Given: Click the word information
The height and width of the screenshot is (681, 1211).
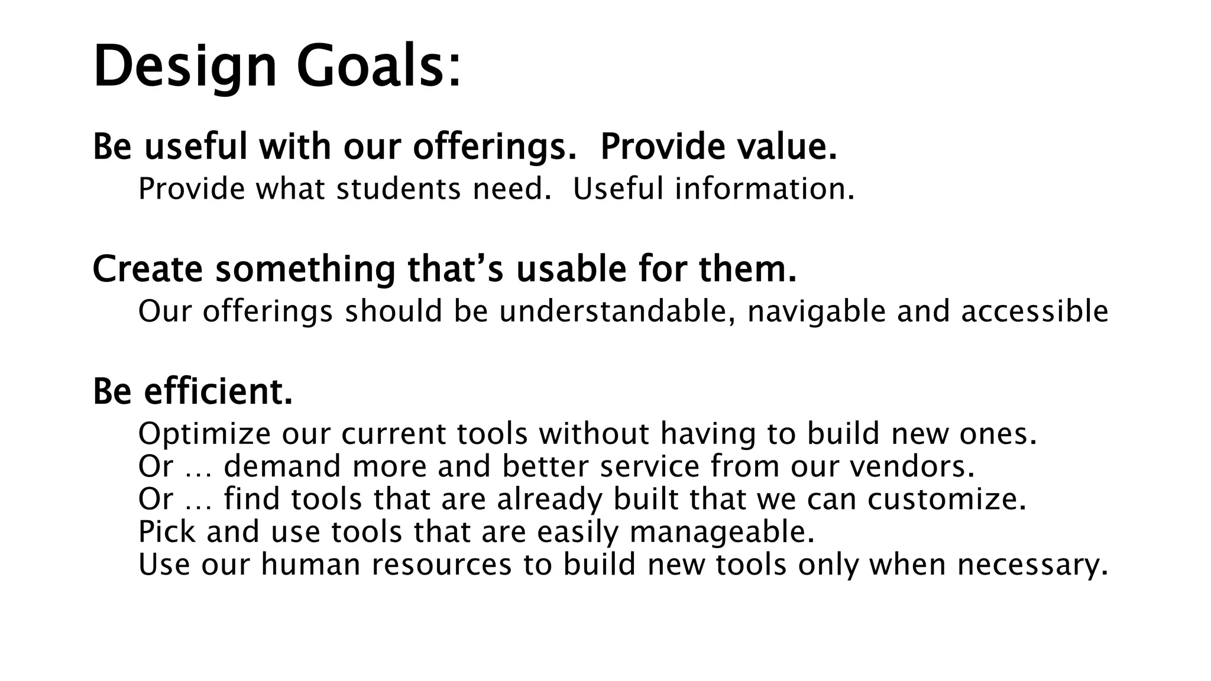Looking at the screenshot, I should coord(765,189).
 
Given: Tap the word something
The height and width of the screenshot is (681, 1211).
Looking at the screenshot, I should coord(305,270).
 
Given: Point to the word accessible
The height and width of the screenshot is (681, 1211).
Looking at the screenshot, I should coord(1034,312).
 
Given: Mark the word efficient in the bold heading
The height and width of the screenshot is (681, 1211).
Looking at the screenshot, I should coord(218,391).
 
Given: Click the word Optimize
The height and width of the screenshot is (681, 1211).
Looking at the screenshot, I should coord(204,434).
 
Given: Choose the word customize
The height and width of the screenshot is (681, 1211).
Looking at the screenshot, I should coord(947,499).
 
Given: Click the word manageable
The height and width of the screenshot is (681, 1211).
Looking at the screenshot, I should coord(722,532).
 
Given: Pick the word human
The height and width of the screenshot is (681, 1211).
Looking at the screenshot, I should coord(310,564).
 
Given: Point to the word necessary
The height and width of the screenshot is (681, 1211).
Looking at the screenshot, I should coord(1032,565).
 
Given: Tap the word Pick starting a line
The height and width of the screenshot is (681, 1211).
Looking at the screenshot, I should coord(167,531).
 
